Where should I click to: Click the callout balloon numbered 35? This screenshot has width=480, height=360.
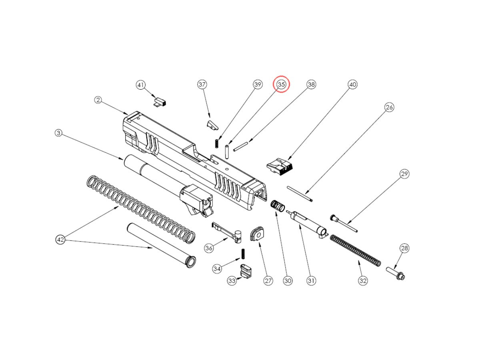(x=281, y=84)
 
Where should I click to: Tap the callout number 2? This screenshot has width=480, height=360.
(x=98, y=100)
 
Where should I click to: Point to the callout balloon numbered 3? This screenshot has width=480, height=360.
(x=58, y=133)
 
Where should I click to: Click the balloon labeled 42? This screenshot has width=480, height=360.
(x=60, y=240)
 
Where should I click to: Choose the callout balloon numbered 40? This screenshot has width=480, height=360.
(x=352, y=84)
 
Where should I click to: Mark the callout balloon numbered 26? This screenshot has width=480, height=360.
(x=389, y=107)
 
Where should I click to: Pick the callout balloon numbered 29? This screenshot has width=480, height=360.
(x=404, y=174)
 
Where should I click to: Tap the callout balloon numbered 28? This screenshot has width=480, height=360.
(x=404, y=248)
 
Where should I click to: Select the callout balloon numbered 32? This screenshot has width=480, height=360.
(x=363, y=281)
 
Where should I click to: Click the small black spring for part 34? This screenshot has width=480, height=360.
(x=243, y=254)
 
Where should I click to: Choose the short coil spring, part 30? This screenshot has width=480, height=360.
(x=278, y=206)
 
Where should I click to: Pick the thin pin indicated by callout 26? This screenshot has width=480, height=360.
(x=300, y=194)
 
